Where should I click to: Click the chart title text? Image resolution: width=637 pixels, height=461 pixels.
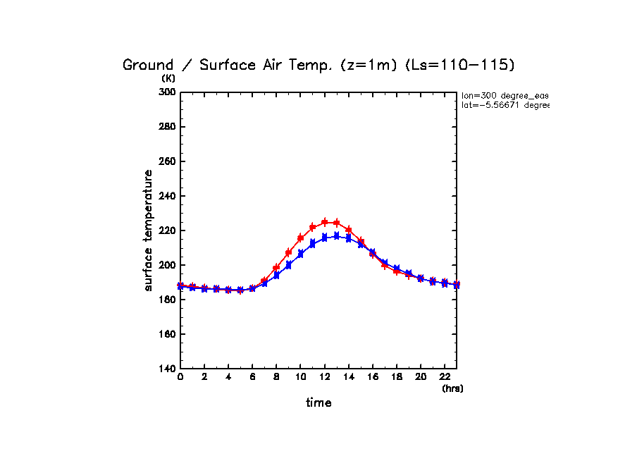pyautogui.click(x=318, y=65)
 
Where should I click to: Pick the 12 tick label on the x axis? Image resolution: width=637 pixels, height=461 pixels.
pyautogui.click(x=324, y=377)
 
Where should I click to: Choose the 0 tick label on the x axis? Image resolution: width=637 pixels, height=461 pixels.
pyautogui.click(x=180, y=377)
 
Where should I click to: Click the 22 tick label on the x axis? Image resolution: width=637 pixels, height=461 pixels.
pyautogui.click(x=444, y=377)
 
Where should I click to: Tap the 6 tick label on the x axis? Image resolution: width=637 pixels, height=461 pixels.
pyautogui.click(x=252, y=377)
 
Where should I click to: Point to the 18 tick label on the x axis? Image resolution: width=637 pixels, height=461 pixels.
pyautogui.click(x=396, y=377)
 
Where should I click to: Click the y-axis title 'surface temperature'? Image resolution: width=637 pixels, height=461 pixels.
pyautogui.click(x=149, y=230)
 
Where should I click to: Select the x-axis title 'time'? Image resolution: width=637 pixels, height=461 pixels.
pyautogui.click(x=318, y=402)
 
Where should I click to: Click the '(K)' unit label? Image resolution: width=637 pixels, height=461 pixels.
pyautogui.click(x=168, y=78)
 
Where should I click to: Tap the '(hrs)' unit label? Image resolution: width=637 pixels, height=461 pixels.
pyautogui.click(x=452, y=388)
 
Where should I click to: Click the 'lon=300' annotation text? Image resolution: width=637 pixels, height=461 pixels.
pyautogui.click(x=505, y=94)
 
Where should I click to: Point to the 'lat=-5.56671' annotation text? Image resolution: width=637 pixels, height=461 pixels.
pyautogui.click(x=505, y=105)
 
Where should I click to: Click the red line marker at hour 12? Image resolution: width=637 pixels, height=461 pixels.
pyautogui.click(x=324, y=222)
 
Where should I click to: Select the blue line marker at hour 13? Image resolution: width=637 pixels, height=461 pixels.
pyautogui.click(x=336, y=236)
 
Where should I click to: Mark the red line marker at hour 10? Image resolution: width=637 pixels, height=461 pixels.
pyautogui.click(x=300, y=238)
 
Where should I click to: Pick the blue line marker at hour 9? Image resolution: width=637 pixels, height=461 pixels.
pyautogui.click(x=288, y=265)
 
